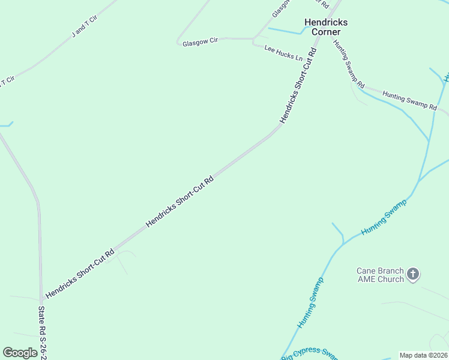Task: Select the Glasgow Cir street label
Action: [x=200, y=41]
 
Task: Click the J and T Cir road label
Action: [x=83, y=27]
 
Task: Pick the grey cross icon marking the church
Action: [x=412, y=274]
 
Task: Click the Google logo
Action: [x=20, y=353]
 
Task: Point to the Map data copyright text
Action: [x=424, y=355]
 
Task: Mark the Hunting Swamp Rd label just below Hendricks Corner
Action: [x=349, y=64]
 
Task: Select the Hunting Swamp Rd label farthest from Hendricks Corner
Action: [x=409, y=101]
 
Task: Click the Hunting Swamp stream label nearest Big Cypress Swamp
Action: [x=310, y=302]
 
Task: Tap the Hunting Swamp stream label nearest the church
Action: [x=384, y=217]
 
